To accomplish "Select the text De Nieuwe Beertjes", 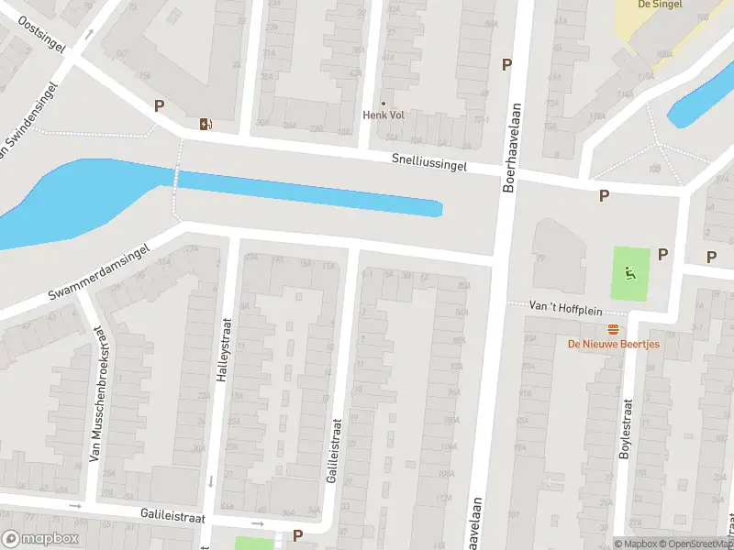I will pos(613,345).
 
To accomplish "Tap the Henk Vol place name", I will pos(384,115).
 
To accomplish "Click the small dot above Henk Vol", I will pos(384,103).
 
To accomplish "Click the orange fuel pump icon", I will pos(205,125).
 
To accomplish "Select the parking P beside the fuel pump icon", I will pos(159,105).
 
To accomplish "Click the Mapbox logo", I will pos(39,539).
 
